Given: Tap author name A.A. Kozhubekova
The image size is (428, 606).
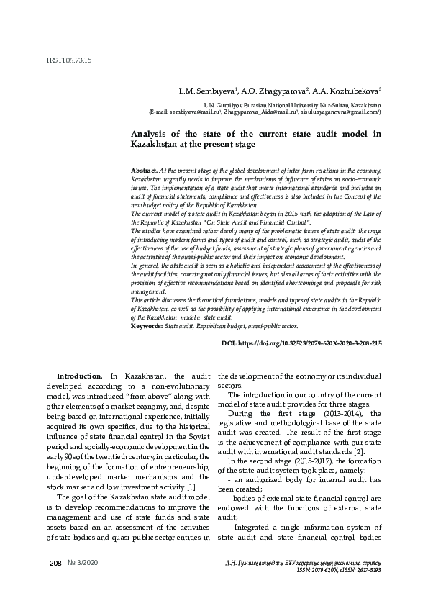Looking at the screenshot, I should pyautogui.click(x=347, y=91).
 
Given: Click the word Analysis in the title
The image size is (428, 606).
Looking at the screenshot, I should pyautogui.click(x=150, y=134).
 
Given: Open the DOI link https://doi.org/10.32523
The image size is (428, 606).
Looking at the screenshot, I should pyautogui.click(x=301, y=345).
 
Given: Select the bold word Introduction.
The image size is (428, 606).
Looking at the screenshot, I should pyautogui.click(x=80, y=376).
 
